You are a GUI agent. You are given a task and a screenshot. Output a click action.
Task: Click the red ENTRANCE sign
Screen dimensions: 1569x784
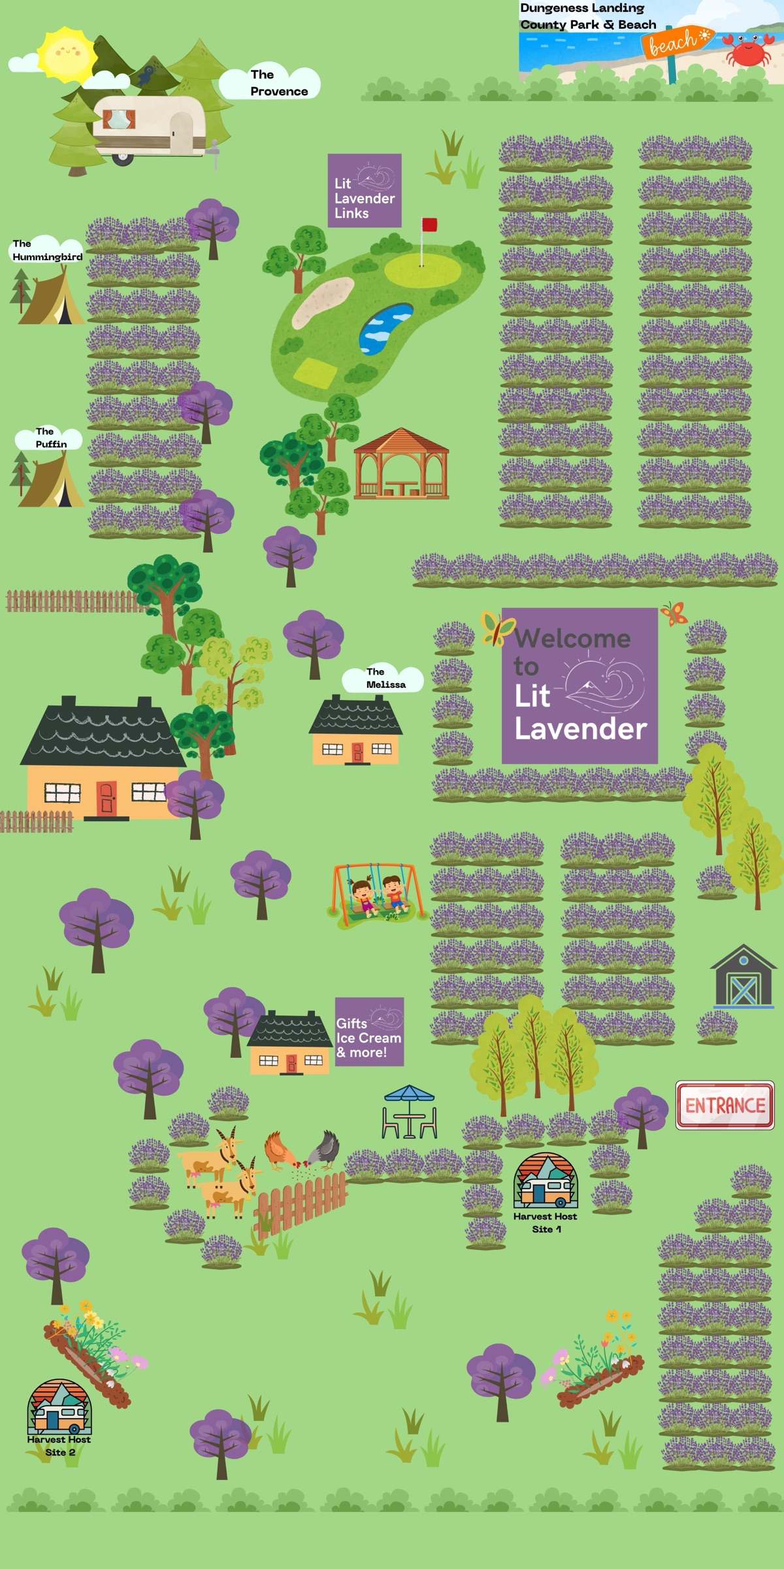click(725, 1105)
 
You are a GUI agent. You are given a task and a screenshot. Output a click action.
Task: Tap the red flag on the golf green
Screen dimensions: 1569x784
click(429, 225)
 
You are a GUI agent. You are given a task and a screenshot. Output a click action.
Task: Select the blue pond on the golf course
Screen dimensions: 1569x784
click(385, 328)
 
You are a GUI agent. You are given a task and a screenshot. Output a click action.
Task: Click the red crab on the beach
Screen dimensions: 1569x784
click(749, 50)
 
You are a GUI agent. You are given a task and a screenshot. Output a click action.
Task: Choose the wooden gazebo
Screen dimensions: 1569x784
click(401, 464)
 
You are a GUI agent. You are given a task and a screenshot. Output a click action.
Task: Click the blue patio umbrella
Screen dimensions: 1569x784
click(409, 1094)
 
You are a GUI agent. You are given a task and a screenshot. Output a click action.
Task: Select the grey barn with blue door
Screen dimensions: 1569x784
click(742, 976)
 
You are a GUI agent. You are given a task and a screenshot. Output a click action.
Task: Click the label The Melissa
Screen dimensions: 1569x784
click(384, 678)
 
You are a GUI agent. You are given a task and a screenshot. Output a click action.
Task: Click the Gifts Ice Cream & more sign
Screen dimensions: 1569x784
click(369, 1032)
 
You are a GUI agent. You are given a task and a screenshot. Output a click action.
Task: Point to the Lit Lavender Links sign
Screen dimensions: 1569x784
click(364, 190)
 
